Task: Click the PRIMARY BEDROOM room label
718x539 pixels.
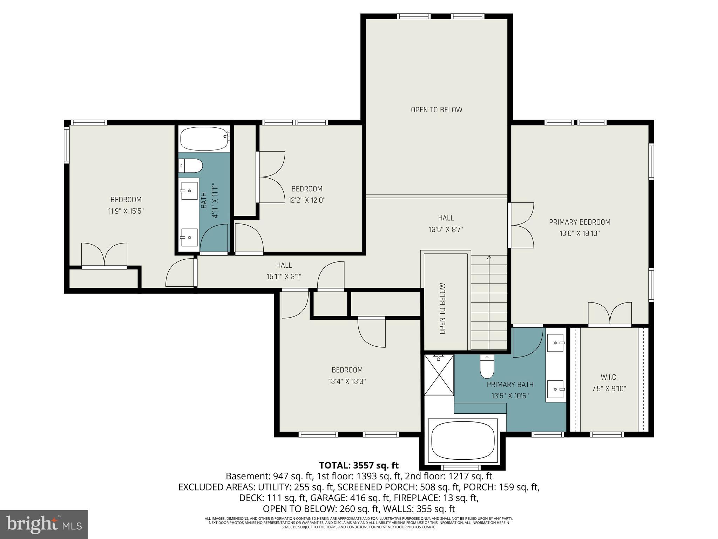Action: pyautogui.click(x=580, y=222)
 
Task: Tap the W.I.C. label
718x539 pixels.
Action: pyautogui.click(x=609, y=377)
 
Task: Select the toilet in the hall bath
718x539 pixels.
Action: pyautogui.click(x=190, y=166)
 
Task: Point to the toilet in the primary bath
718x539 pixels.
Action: pyautogui.click(x=487, y=367)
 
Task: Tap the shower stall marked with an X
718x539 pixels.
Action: pyautogui.click(x=439, y=375)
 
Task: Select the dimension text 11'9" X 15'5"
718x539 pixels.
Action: pyautogui.click(x=126, y=211)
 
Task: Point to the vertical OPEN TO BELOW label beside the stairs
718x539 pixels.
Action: pyautogui.click(x=442, y=308)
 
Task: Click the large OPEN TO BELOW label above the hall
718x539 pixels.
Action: pyautogui.click(x=436, y=110)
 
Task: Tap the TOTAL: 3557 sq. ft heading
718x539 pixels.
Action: pyautogui.click(x=359, y=465)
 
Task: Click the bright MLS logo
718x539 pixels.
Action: pyautogui.click(x=44, y=524)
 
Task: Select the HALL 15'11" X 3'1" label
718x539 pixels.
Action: pyautogui.click(x=284, y=271)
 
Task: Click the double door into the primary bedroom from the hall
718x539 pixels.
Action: pyautogui.click(x=521, y=225)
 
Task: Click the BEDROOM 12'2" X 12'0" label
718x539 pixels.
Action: pyautogui.click(x=307, y=194)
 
